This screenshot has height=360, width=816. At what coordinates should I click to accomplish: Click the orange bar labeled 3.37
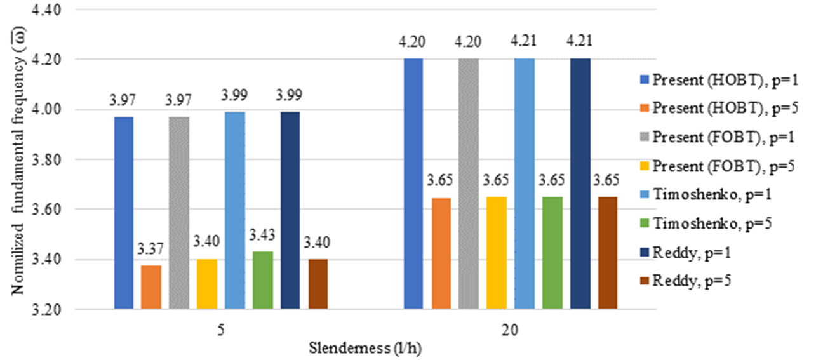tap(151, 288)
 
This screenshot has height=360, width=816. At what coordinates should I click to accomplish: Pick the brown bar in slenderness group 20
tap(607, 253)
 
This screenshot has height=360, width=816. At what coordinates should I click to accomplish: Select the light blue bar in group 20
tap(524, 184)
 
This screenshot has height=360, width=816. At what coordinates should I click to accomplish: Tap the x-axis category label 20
tap(510, 330)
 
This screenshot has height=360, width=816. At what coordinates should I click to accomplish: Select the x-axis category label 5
tap(220, 330)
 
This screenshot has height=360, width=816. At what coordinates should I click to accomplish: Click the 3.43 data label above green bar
tap(263, 243)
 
